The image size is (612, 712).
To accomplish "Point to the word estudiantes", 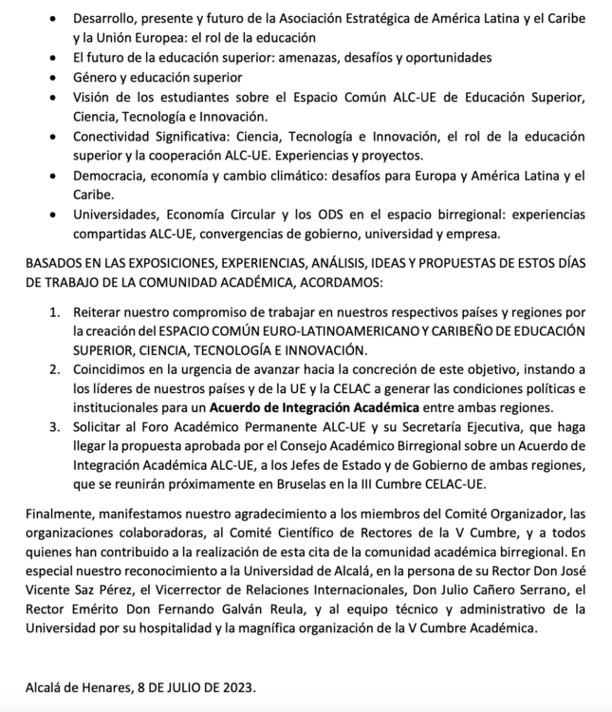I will click(x=173, y=98).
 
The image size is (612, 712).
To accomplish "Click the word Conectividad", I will click(x=113, y=138).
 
